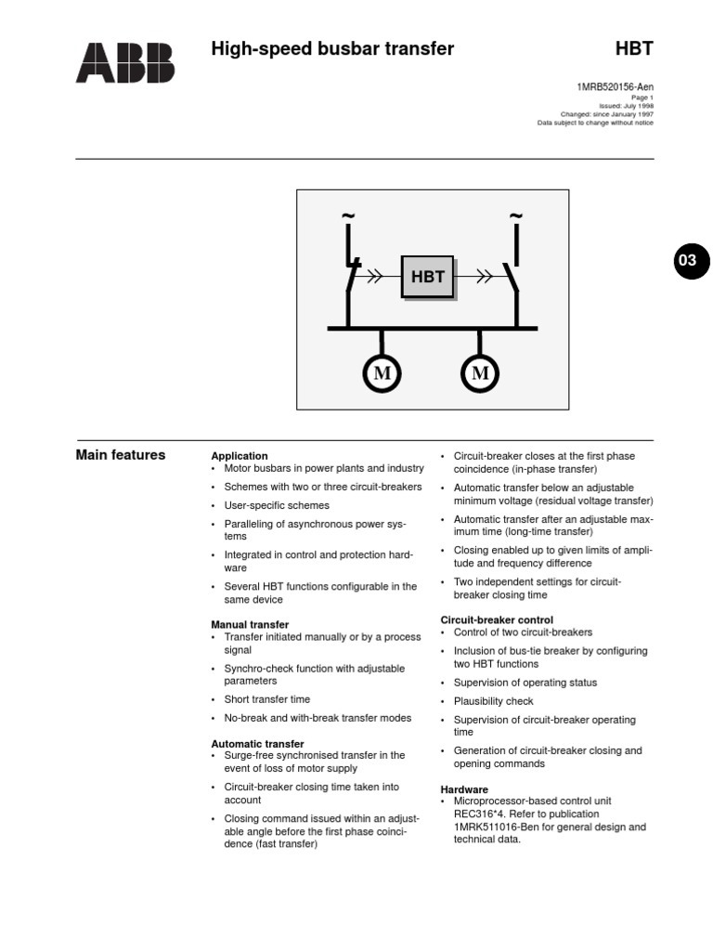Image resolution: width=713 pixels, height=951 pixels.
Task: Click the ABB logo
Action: (x=124, y=62)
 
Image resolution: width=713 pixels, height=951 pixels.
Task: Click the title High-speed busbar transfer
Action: (x=332, y=49)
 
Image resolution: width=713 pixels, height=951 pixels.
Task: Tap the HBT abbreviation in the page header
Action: (x=634, y=49)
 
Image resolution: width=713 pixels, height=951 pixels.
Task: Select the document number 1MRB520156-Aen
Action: (x=615, y=87)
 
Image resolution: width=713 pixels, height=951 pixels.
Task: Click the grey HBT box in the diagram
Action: (x=427, y=277)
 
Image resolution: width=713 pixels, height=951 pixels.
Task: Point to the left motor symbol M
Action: (x=382, y=373)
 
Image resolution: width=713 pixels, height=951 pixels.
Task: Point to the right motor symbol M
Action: (x=480, y=373)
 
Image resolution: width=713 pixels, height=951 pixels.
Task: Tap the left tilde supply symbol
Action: (x=348, y=217)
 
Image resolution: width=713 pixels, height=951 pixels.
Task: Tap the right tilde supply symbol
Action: (x=515, y=217)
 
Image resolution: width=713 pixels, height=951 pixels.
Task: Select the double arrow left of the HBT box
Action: (x=375, y=276)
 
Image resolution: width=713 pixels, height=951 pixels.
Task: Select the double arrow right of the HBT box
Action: (x=484, y=276)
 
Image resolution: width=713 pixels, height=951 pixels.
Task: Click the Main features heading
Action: (x=120, y=455)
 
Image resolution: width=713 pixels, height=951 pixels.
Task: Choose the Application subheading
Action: (x=240, y=456)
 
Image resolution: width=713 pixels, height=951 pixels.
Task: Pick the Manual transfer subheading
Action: (x=250, y=625)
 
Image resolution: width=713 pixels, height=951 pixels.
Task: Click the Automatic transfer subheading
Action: (x=257, y=744)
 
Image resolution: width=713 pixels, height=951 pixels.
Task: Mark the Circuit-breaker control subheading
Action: (x=497, y=619)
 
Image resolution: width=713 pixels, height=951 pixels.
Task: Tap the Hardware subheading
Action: (x=464, y=789)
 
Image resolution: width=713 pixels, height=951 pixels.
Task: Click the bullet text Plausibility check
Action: (x=493, y=701)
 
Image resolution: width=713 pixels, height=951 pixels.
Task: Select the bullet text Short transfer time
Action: (x=267, y=699)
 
